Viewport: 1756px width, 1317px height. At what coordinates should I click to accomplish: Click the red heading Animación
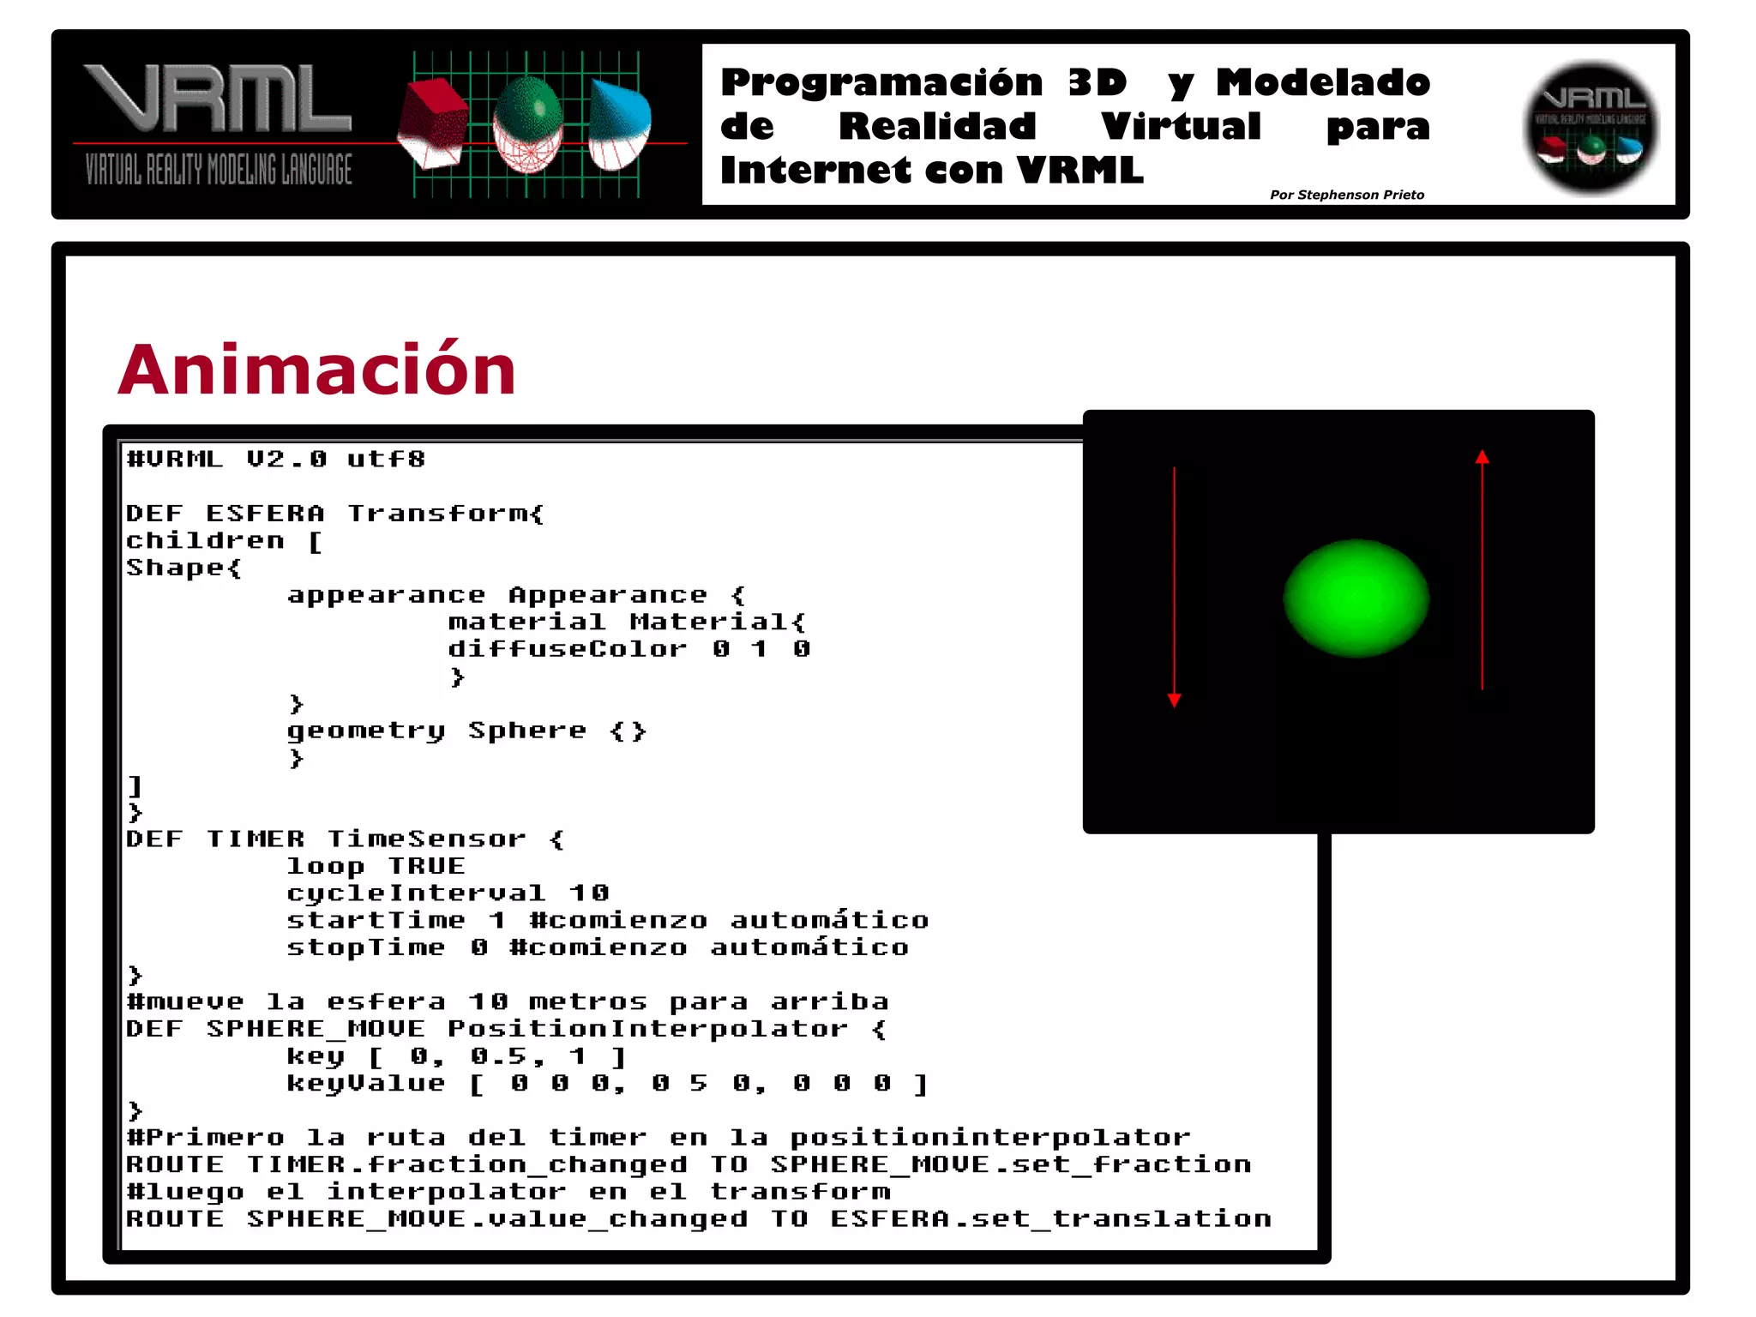(317, 370)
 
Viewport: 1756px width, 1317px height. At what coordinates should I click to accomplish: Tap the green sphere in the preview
(1356, 598)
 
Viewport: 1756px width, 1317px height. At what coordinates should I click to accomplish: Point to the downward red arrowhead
(1174, 700)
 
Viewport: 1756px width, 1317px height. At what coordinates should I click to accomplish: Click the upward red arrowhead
(1482, 458)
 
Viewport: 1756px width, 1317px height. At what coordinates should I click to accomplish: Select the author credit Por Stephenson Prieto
(1346, 195)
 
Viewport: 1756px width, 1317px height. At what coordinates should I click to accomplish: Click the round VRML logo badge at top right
(1591, 127)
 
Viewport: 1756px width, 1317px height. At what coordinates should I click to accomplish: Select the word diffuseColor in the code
(567, 649)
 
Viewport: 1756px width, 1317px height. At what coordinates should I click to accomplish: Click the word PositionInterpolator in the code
(647, 1029)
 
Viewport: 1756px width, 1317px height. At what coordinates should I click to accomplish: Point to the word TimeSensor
(426, 839)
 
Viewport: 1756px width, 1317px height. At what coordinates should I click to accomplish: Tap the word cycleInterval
(416, 893)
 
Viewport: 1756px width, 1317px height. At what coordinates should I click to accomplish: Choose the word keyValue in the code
(366, 1084)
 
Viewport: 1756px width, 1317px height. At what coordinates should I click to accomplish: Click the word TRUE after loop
(426, 866)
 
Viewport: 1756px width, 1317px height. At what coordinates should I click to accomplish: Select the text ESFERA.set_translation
(1050, 1218)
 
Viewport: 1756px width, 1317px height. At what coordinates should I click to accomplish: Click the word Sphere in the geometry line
(527, 731)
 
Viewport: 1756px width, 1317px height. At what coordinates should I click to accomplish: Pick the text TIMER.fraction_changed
(466, 1164)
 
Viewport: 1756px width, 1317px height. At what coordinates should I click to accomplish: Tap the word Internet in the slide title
(813, 170)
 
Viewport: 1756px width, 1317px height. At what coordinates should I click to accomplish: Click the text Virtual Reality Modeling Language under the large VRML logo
(219, 170)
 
